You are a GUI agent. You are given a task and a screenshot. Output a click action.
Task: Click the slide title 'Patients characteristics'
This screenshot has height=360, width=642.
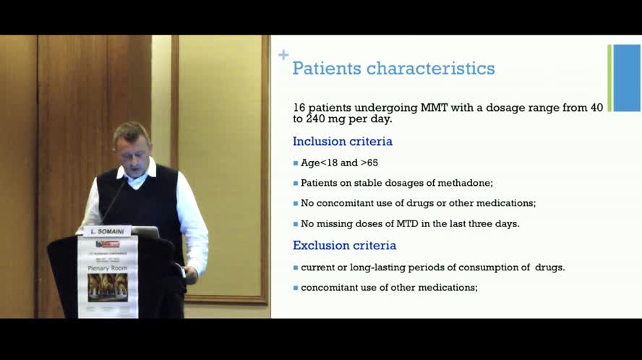point(393,69)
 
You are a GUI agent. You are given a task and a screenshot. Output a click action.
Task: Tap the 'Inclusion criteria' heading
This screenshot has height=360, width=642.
point(342,142)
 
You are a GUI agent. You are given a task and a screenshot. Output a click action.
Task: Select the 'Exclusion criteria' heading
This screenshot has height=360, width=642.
point(344,246)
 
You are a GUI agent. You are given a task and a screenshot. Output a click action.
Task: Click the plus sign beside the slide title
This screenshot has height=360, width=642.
point(283,55)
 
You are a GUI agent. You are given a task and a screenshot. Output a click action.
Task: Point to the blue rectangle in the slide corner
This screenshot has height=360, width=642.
point(627,78)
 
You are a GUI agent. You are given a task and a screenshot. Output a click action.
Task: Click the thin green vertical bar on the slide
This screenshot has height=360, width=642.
point(609,78)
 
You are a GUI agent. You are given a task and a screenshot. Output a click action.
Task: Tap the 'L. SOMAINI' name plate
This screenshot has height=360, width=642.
point(107,231)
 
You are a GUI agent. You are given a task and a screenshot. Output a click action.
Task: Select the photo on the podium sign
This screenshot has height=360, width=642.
point(108,287)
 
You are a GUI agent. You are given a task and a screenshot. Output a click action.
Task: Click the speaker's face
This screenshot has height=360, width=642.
point(130,145)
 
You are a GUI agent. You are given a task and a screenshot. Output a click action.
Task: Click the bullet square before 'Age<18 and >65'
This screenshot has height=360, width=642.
point(296,163)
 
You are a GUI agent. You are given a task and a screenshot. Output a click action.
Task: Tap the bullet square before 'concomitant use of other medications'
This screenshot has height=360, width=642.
point(296,288)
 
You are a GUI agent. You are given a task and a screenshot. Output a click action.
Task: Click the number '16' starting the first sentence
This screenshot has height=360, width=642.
point(300,108)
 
